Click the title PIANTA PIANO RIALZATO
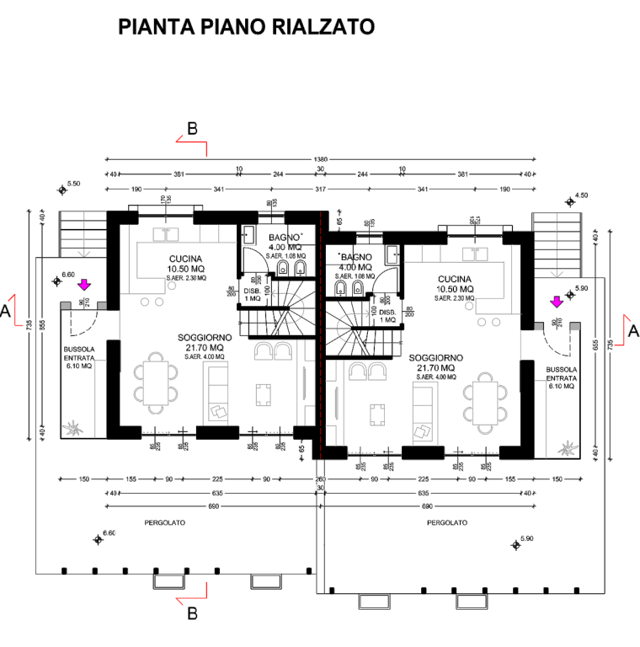coord(247,27)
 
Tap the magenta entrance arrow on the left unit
coord(83,286)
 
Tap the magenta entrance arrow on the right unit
coord(556,301)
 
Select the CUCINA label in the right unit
coord(455,278)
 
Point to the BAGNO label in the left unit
coord(279,237)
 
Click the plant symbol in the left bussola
coord(73,428)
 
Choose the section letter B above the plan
coord(192,129)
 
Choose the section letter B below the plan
coord(192,614)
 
